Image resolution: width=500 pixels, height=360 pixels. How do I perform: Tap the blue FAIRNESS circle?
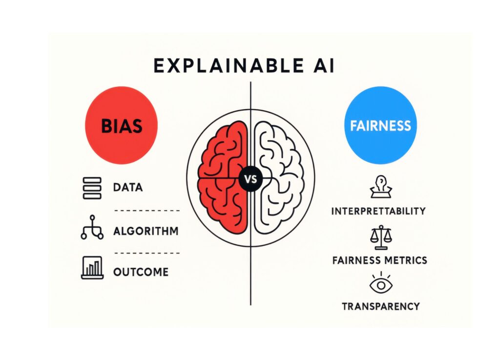tap(380, 125)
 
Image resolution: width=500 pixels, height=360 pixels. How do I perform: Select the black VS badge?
tap(250, 179)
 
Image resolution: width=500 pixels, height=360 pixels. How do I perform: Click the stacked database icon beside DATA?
tap(92, 188)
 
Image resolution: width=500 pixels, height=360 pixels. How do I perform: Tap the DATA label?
tap(128, 187)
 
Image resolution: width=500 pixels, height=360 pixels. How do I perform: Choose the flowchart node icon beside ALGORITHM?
tap(92, 227)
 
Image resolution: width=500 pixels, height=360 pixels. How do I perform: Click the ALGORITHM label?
tap(146, 231)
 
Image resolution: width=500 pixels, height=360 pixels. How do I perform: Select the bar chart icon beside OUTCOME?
tap(92, 268)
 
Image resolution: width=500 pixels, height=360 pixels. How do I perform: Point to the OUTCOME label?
tap(141, 272)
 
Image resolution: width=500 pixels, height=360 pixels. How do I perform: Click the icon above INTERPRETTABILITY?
tap(381, 187)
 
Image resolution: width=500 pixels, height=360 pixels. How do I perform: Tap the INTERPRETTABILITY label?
tap(378, 211)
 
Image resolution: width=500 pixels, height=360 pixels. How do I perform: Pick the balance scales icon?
tap(381, 238)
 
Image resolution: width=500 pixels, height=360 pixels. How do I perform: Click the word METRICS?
tap(406, 260)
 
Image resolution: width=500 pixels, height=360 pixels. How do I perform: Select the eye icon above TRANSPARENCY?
tap(381, 283)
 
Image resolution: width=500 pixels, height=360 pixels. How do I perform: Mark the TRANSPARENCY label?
tap(381, 306)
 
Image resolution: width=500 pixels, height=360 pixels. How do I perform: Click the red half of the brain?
tap(223, 179)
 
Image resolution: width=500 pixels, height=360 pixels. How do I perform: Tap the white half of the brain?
tap(278, 179)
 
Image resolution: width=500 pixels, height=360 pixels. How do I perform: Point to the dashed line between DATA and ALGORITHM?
tap(147, 211)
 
